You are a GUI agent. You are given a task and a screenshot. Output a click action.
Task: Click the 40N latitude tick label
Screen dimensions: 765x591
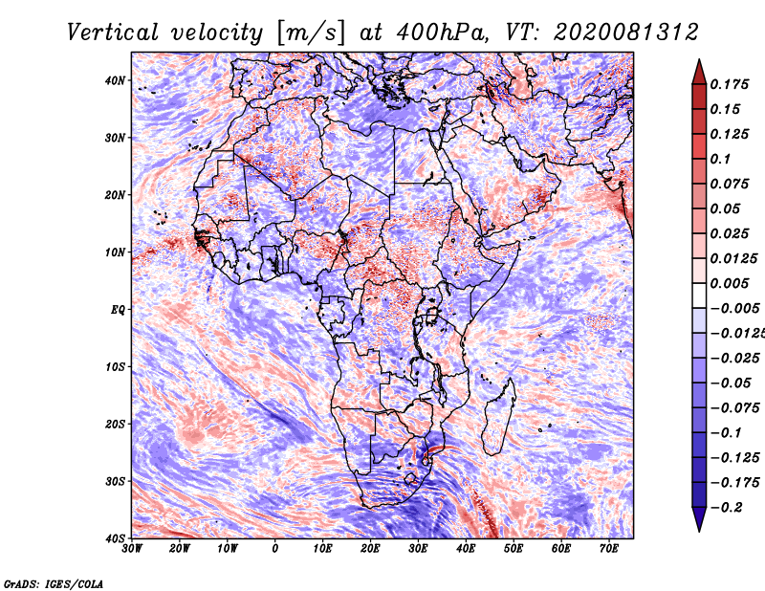pos(115,80)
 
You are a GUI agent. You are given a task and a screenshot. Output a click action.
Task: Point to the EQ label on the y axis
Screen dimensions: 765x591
pos(118,310)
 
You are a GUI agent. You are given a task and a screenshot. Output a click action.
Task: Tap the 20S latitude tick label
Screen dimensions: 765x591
pos(115,424)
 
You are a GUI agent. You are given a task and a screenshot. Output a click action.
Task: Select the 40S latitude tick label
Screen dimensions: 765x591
pos(115,538)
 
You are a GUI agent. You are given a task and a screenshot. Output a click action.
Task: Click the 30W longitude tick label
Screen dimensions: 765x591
pos(132,549)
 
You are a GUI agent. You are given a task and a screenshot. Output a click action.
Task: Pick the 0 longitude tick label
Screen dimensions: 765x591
pos(275,549)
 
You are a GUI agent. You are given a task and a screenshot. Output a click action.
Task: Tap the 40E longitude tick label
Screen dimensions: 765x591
pos(466,549)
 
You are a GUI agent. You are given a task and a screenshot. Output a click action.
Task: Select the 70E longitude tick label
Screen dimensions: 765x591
pos(609,549)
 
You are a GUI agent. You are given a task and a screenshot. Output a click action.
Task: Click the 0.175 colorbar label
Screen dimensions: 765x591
pos(729,85)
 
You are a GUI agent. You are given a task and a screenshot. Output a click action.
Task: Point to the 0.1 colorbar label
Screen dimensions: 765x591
pos(720,159)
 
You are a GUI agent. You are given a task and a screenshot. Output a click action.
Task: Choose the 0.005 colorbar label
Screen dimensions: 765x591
pos(729,283)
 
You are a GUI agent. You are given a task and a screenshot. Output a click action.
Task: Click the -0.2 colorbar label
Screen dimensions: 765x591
pos(726,507)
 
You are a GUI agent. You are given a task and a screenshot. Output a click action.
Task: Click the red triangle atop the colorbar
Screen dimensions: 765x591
pos(699,73)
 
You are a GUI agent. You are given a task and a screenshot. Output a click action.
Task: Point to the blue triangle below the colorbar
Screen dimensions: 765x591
pos(699,519)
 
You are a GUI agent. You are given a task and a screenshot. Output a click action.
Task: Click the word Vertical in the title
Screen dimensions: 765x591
pos(113,33)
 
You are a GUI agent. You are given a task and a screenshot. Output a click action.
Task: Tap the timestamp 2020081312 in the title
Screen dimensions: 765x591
pos(626,33)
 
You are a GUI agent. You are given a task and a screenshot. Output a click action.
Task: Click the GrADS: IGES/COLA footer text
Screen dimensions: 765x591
pos(54,584)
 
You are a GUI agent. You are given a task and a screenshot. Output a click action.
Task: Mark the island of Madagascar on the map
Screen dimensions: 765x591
pos(498,417)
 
